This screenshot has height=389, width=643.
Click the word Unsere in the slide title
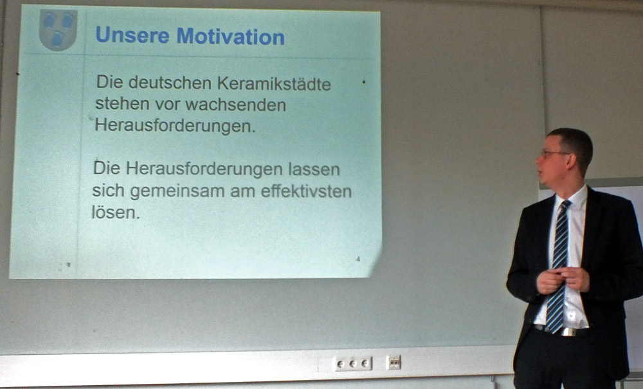(x=132, y=35)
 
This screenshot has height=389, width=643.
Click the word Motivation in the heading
(x=230, y=36)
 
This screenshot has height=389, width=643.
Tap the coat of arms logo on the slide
(x=58, y=30)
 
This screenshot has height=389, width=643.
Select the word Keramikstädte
(x=274, y=84)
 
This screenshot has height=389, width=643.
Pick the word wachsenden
(x=235, y=105)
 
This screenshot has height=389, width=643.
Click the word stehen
(x=122, y=104)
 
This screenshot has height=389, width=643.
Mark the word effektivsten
(x=306, y=191)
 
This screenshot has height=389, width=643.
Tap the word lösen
(x=116, y=212)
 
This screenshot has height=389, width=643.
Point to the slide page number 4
(x=358, y=259)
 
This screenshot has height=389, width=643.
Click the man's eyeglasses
(x=553, y=154)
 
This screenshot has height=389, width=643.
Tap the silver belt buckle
(x=568, y=331)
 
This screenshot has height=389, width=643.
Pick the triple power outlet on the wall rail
(x=353, y=363)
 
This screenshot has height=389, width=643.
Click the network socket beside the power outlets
(x=394, y=363)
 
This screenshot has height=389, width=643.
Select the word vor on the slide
(x=167, y=105)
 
